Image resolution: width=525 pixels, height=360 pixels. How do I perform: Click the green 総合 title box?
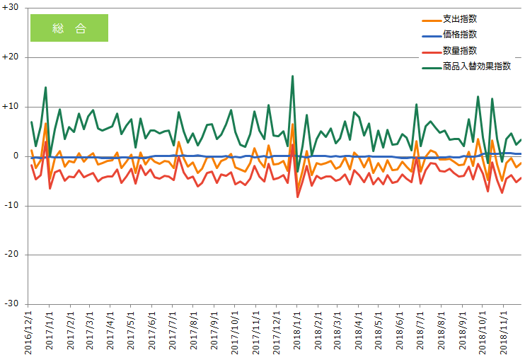coord(69,28)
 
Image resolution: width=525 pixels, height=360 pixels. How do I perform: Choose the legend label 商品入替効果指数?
coord(476,67)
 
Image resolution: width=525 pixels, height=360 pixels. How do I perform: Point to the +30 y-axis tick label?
coord(12,8)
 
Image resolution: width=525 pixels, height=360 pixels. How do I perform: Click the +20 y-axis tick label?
coord(12,57)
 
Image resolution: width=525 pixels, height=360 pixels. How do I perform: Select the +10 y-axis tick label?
coord(12,106)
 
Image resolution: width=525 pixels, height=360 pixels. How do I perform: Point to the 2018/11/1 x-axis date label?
coord(504,331)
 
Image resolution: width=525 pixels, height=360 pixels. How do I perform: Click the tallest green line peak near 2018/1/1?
coord(293,76)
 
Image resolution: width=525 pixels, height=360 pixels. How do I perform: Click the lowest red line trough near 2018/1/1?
coord(298,197)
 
